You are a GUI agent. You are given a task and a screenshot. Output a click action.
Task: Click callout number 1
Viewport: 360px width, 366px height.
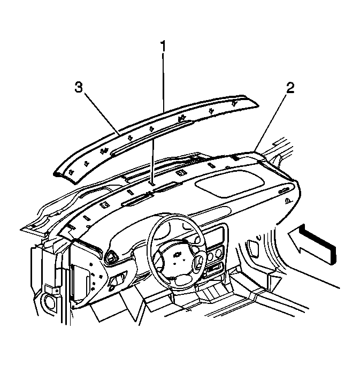pos(163,46)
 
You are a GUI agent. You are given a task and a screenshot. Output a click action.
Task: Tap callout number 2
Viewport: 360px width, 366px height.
pos(290,88)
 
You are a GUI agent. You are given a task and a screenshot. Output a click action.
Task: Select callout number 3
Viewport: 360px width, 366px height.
pos(79,88)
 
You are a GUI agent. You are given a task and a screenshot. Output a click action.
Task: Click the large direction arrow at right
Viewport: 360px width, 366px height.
pos(312,245)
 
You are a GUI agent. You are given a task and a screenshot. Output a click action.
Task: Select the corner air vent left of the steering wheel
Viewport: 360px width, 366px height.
pos(111,256)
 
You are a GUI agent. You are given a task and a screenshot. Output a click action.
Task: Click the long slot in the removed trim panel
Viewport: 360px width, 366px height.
pos(152,137)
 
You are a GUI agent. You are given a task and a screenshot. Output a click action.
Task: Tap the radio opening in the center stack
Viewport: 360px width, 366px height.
pos(214,237)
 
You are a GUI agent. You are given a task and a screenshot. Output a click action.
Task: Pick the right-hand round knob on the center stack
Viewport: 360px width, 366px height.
pos(219,253)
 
